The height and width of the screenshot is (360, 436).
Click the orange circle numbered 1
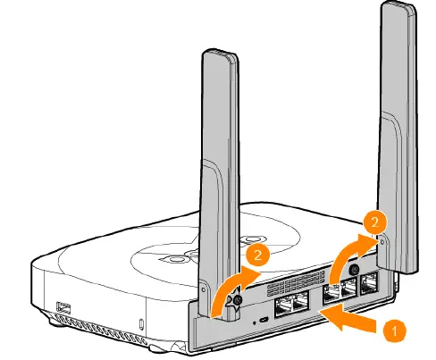395,331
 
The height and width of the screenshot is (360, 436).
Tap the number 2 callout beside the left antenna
257,255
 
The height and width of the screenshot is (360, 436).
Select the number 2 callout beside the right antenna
374,222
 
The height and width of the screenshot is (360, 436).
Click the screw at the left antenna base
237,301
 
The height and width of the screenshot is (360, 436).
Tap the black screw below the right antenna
355,270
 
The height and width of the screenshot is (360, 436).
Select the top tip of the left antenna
220,51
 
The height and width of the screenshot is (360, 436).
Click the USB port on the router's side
64,307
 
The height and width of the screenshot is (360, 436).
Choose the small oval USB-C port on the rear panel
264,320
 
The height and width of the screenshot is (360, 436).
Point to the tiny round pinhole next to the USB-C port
254,322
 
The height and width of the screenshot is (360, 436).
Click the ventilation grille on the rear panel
296,283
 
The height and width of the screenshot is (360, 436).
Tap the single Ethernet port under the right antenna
370,283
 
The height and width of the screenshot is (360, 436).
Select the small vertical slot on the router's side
141,324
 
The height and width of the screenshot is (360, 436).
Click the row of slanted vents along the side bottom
100,330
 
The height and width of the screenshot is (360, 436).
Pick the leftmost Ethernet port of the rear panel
283,307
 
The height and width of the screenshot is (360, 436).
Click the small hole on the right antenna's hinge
382,242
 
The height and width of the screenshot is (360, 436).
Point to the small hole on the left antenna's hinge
203,289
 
